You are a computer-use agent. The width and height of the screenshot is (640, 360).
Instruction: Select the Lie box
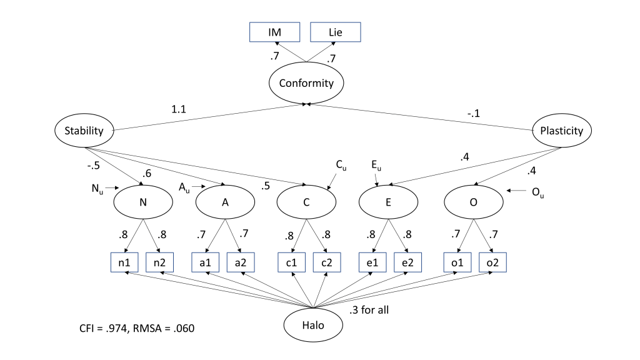(336, 32)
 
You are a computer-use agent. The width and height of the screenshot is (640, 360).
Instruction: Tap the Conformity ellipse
(306, 82)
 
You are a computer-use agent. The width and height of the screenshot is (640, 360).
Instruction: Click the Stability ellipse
(84, 131)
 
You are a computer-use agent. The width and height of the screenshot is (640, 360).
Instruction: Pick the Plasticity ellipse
(561, 131)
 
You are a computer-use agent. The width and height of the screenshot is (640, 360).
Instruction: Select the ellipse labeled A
(225, 202)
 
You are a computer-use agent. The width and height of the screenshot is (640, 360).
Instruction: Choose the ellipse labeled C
(306, 202)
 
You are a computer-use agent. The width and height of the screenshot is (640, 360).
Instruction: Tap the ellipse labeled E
(389, 202)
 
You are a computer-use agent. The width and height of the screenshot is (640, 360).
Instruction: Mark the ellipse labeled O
(474, 202)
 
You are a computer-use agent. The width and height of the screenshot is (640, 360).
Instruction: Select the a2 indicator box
(241, 262)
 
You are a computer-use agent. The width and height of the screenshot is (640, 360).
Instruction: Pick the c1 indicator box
(291, 262)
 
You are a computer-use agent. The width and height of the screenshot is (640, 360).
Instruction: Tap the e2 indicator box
(407, 262)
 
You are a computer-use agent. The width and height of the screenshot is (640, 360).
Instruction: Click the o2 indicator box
(492, 262)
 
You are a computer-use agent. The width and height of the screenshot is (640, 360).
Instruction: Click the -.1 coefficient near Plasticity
(472, 114)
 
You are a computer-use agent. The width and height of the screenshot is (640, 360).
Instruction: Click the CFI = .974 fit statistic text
(109, 327)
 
